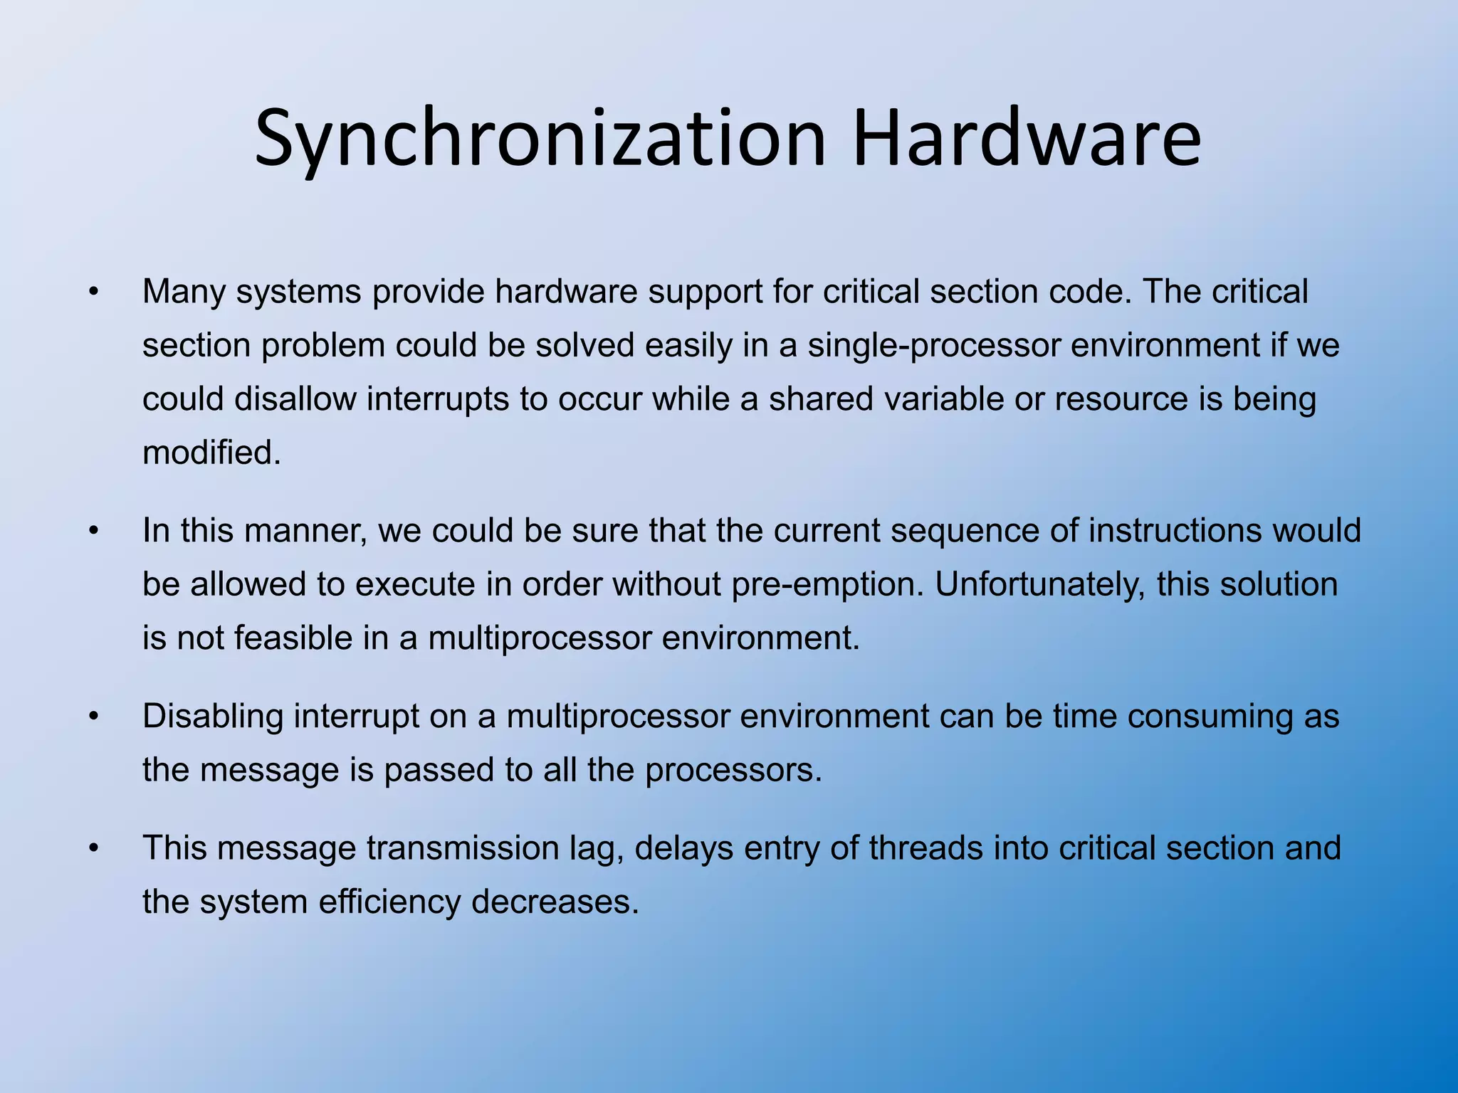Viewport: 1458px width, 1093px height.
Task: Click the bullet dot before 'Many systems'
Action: pyautogui.click(x=93, y=292)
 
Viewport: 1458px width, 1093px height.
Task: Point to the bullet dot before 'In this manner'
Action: pyautogui.click(x=93, y=531)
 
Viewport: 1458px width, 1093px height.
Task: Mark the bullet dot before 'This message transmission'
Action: pyautogui.click(x=93, y=848)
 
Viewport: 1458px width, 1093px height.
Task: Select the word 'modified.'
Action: pyautogui.click(x=211, y=453)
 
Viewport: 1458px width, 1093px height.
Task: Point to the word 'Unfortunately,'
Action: pyautogui.click(x=1039, y=585)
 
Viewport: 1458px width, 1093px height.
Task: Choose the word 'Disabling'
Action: pyautogui.click(x=213, y=717)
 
